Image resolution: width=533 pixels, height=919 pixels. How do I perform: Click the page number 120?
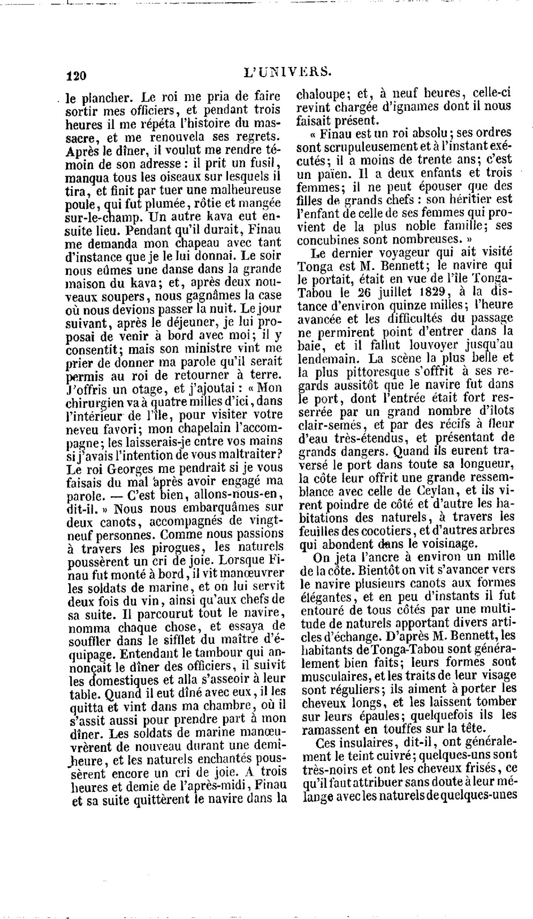pos(75,76)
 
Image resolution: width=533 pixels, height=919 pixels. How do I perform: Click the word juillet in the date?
pos(390,293)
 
